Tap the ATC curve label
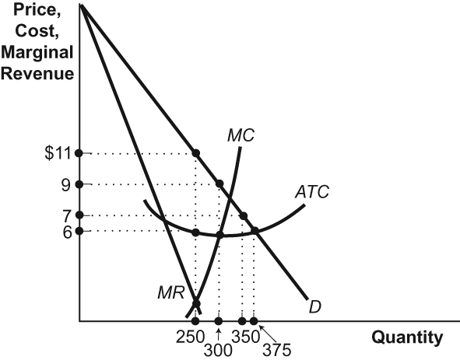311,190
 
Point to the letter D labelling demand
315,306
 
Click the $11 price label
58,153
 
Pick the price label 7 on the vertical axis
68,215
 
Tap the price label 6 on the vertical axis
68,231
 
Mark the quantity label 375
277,349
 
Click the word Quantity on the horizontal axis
407,337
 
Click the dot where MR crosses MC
195,304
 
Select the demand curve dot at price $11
195,153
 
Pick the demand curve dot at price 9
219,184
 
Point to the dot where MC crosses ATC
219,235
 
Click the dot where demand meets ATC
254,231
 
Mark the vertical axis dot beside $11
79,153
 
